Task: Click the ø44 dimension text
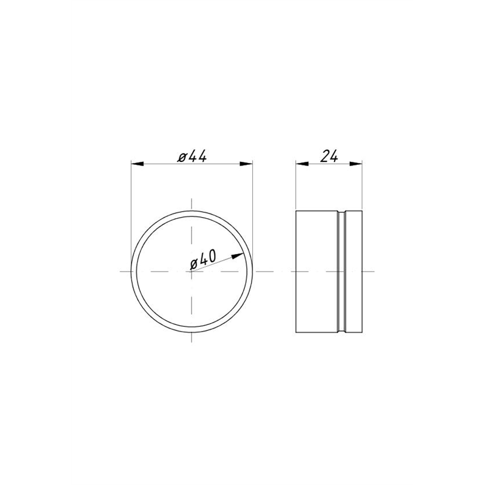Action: [192, 157]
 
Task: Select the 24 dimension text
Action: [329, 156]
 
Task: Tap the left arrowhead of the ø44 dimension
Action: [138, 164]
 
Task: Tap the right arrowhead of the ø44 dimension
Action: [246, 164]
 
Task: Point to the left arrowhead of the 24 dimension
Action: [302, 164]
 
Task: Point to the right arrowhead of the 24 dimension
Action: [356, 164]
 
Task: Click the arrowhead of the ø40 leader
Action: [238, 256]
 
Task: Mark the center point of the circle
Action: [192, 272]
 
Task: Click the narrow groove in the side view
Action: [341, 272]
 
